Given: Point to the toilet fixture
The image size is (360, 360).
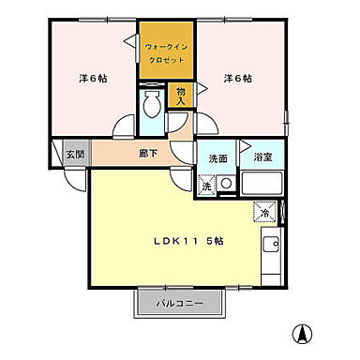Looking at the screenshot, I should click(150, 107).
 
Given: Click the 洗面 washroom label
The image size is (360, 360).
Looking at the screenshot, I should click(217, 158).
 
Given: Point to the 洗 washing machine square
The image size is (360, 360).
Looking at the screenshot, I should click(206, 186).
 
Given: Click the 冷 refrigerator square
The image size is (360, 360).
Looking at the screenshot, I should click(264, 214).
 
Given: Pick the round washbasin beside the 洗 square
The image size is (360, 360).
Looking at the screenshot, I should click(226, 185).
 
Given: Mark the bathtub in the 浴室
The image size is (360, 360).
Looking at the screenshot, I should click(262, 184).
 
